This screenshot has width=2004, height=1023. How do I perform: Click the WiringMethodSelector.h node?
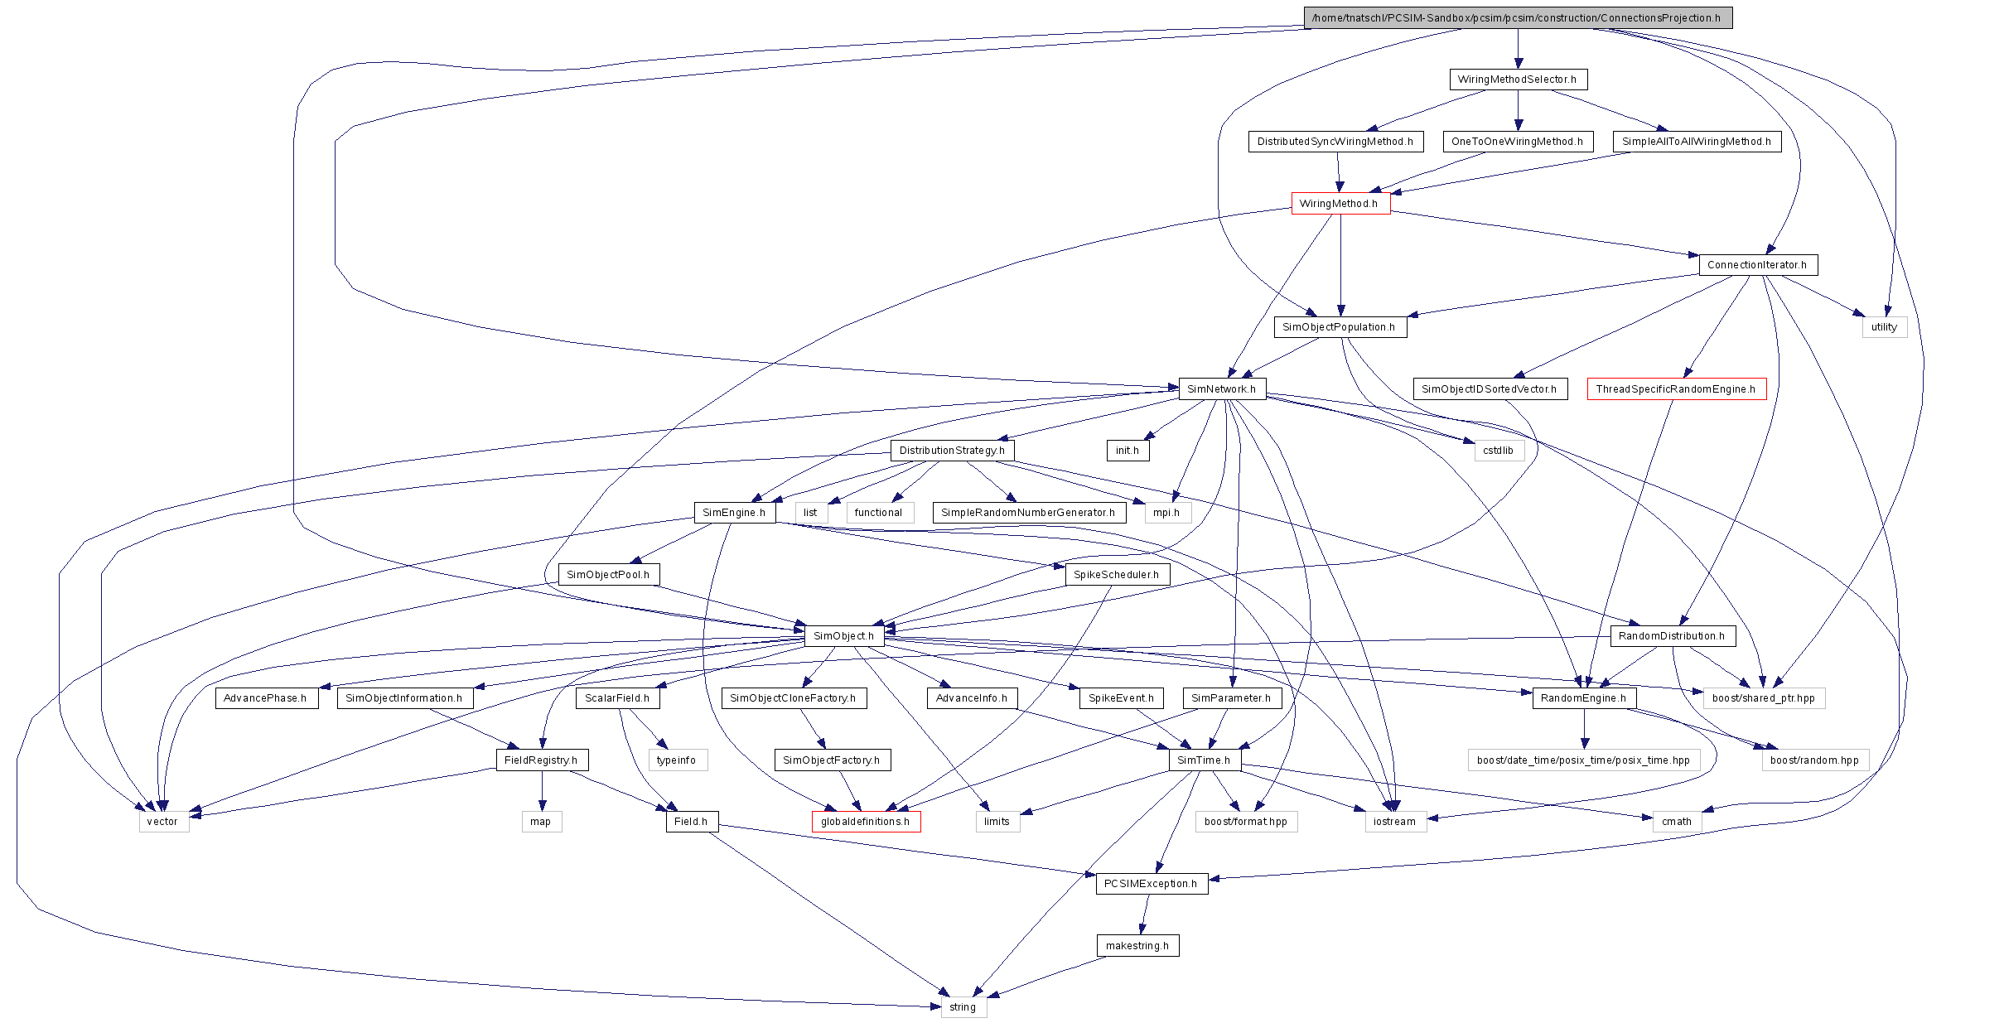(1517, 80)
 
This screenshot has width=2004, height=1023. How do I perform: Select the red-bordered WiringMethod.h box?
(1340, 204)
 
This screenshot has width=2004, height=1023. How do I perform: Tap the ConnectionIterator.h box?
(1757, 265)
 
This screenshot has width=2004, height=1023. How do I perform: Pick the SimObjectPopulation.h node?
(1339, 327)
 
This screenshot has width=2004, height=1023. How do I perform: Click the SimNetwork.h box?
(1221, 389)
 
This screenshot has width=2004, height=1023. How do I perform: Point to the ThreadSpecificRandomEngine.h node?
(1676, 389)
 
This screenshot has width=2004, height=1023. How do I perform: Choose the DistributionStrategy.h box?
(952, 451)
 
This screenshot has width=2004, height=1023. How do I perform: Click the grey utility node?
(1884, 327)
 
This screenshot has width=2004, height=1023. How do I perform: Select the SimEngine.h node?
(734, 513)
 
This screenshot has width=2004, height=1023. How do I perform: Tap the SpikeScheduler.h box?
(1117, 575)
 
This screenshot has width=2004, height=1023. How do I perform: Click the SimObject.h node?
(843, 636)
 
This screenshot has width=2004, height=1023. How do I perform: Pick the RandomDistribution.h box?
(1672, 636)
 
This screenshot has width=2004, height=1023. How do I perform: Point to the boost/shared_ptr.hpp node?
(1763, 698)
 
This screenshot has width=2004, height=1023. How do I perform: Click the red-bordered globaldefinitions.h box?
(865, 822)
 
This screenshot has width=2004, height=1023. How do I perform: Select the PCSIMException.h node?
(1151, 884)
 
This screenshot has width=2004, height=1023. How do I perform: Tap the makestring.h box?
(1137, 946)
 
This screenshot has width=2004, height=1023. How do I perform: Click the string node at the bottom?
(963, 1007)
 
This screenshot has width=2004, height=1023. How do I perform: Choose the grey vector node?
(162, 822)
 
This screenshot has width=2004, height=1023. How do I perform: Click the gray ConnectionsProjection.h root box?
(1517, 18)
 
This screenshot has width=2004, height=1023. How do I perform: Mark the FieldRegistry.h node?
(541, 760)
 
